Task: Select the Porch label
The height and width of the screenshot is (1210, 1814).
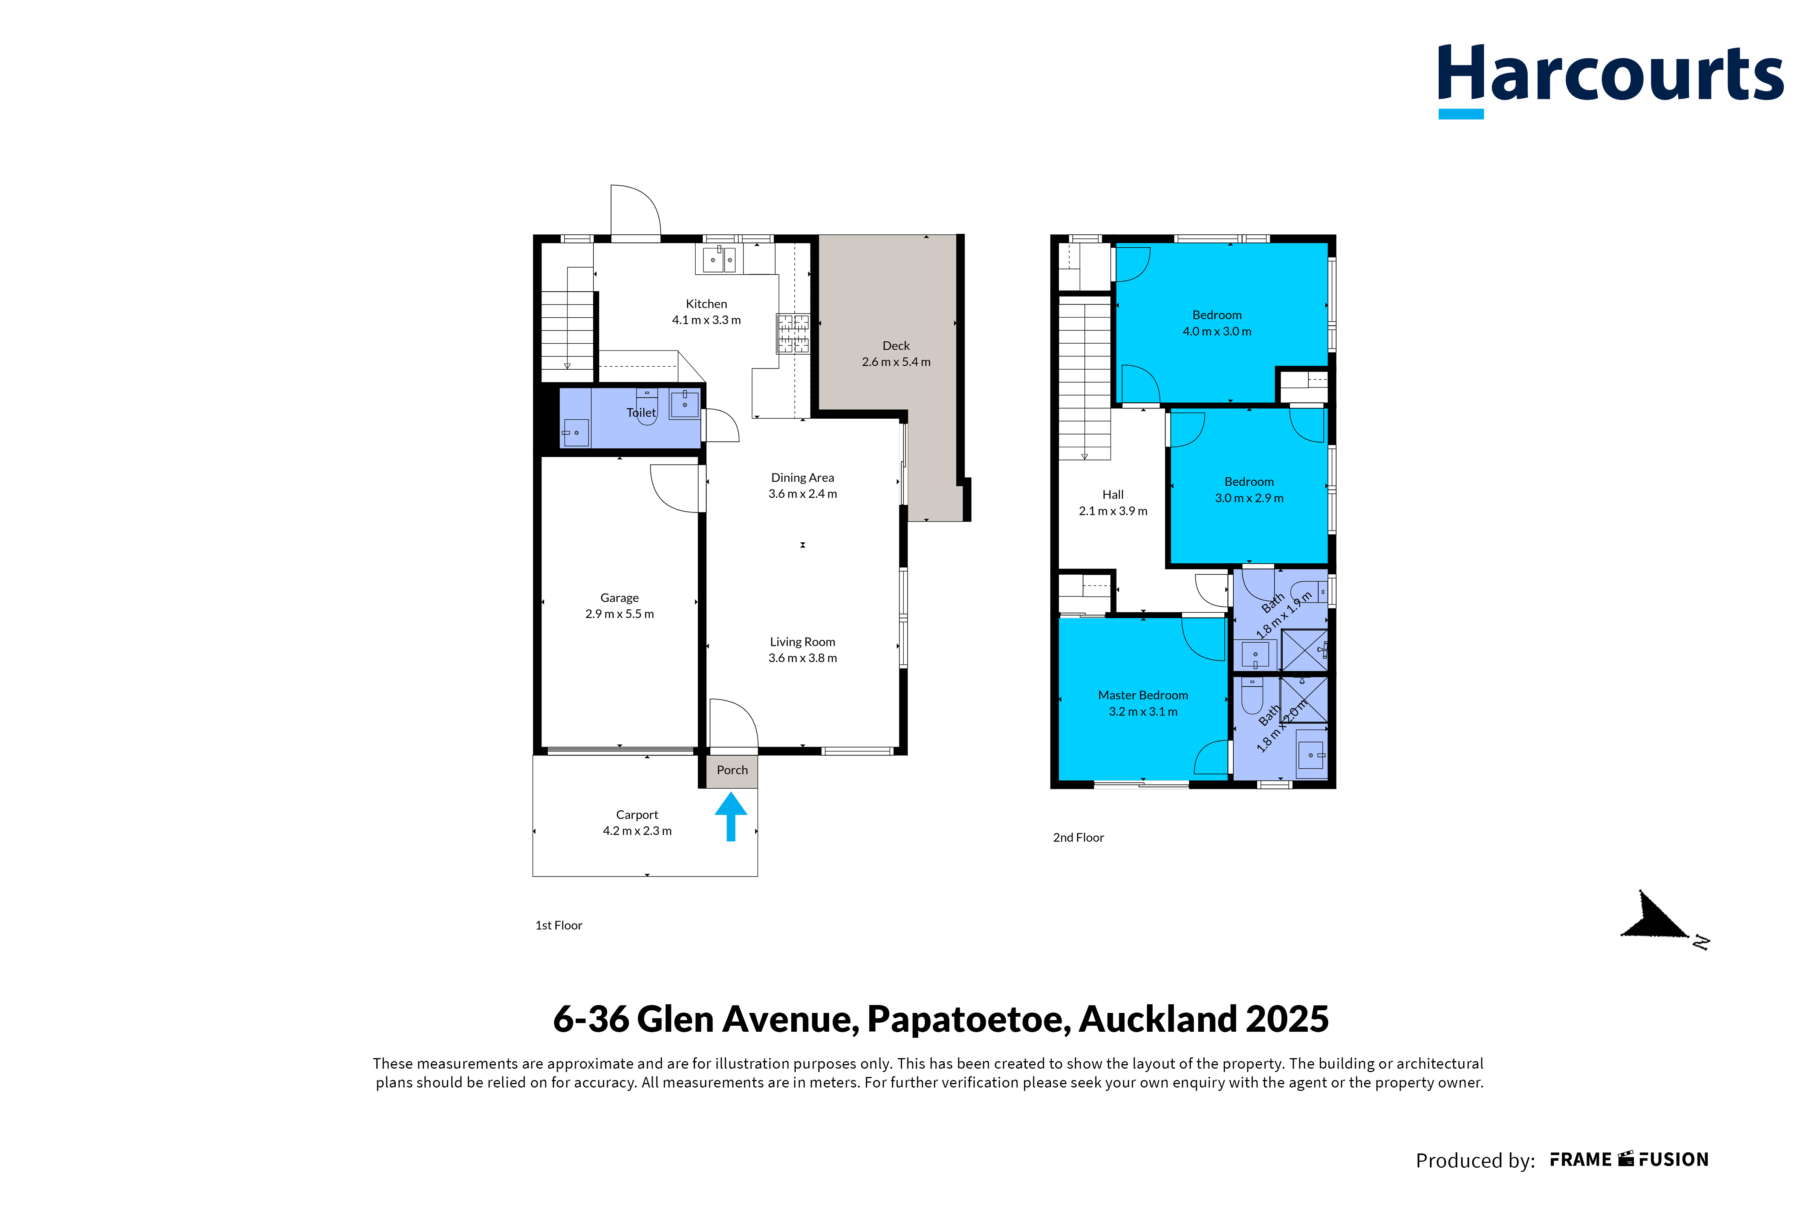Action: (732, 770)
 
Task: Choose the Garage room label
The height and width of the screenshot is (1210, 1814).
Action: (619, 598)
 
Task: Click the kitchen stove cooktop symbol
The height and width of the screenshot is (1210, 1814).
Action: (793, 333)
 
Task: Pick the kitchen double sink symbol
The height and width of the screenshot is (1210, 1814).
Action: (719, 259)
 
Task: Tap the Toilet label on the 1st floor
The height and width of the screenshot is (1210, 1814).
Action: (641, 413)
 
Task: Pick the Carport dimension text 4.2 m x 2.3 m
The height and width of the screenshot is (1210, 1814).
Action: (637, 831)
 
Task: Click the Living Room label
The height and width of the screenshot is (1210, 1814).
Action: (803, 642)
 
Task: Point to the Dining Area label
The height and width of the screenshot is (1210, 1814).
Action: (803, 478)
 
